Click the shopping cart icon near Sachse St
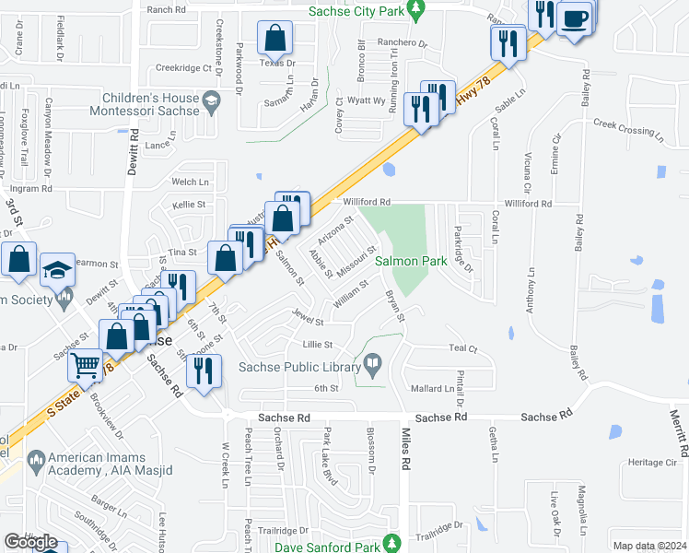[x=86, y=365]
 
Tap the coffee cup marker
[x=575, y=18]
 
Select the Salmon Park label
[x=411, y=262]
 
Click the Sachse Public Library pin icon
[x=373, y=368]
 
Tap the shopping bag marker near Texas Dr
[x=275, y=39]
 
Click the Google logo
[x=30, y=542]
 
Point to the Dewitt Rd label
[x=134, y=145]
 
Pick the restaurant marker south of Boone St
[x=202, y=371]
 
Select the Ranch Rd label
[x=166, y=9]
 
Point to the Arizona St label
[x=337, y=228]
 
